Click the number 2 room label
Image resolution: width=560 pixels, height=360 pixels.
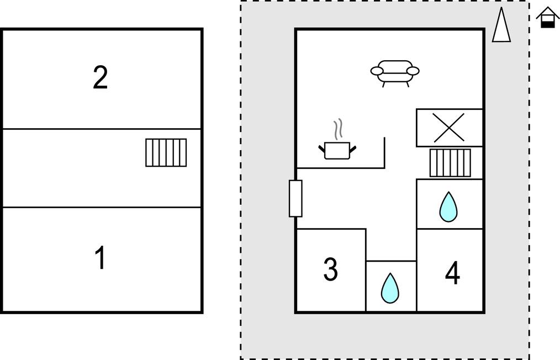click(x=100, y=78)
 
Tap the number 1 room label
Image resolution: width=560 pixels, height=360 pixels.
click(x=100, y=258)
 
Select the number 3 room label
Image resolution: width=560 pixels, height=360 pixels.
click(x=330, y=269)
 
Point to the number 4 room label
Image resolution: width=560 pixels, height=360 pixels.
click(x=452, y=273)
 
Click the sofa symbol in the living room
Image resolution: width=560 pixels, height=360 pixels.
click(x=395, y=72)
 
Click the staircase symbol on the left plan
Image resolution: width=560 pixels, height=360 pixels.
click(x=166, y=152)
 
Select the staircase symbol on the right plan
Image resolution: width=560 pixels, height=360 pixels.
click(x=450, y=163)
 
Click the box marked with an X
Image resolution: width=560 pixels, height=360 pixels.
click(x=449, y=128)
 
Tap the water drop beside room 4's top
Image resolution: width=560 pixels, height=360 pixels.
click(x=448, y=207)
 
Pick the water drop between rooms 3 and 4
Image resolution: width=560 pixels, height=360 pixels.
click(x=390, y=288)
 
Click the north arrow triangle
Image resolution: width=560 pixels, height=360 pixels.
click(x=501, y=25)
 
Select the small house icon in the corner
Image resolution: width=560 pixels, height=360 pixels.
click(x=547, y=18)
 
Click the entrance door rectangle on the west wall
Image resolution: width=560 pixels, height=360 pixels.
click(x=295, y=198)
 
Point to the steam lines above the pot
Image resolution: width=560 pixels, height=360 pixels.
click(x=339, y=129)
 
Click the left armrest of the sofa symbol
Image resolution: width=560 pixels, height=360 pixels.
click(x=377, y=71)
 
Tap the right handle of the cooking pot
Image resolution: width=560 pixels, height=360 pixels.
click(x=352, y=147)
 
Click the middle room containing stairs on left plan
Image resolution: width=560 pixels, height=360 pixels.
click(x=83, y=168)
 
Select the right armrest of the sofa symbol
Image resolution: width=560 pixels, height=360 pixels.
click(x=413, y=71)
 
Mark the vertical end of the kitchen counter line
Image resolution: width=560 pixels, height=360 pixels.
click(x=384, y=152)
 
